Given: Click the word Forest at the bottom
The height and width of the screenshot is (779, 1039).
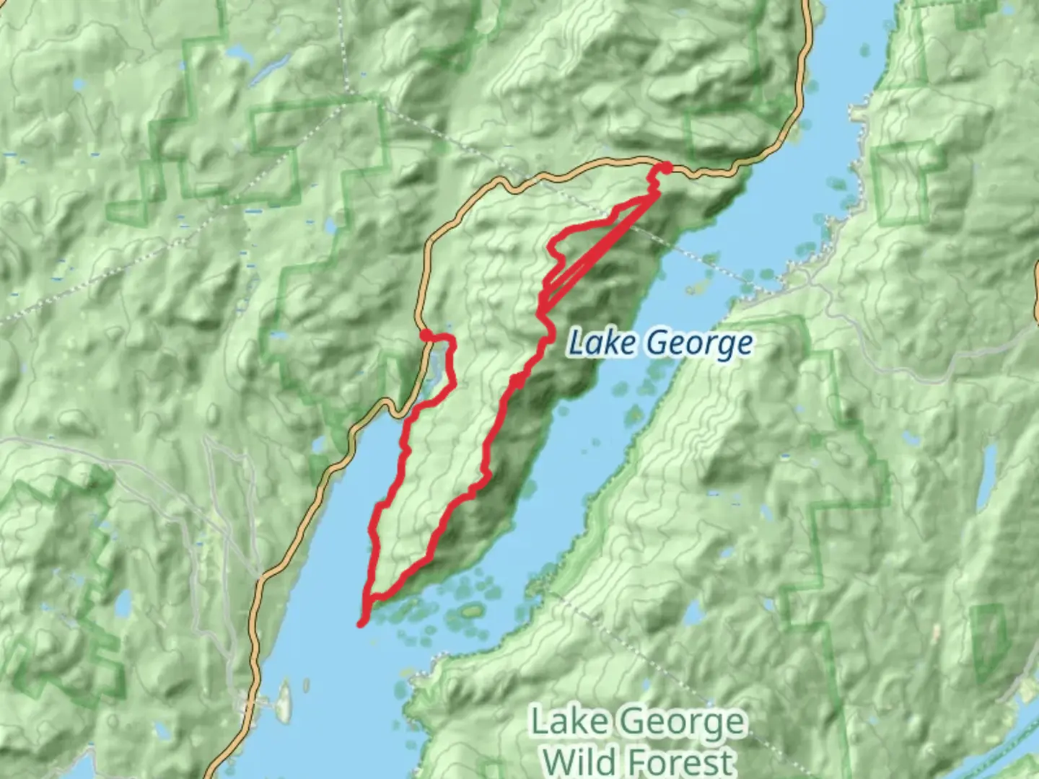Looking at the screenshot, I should coord(680,762).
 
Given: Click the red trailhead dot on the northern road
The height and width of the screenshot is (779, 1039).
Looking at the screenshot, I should coord(666,168).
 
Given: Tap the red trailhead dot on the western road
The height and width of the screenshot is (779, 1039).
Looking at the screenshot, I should coord(426,334).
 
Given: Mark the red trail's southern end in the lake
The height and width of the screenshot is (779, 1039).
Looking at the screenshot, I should coord(361,623).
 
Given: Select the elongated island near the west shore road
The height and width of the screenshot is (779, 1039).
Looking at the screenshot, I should coord(284,700).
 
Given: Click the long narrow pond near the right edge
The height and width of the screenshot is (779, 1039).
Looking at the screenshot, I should coord(986,476).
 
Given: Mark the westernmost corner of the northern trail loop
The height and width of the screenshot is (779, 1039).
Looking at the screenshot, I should coord(551,249).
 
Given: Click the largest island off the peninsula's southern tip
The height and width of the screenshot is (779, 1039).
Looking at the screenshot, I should coord(472,612).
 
